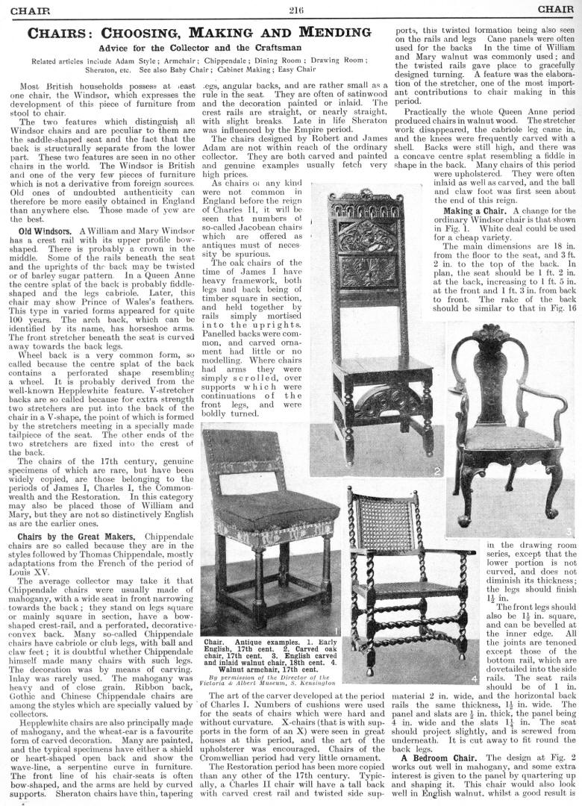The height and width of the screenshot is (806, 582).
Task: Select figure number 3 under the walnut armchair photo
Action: (569, 531)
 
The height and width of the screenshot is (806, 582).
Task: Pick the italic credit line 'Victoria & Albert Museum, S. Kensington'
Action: (266, 681)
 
